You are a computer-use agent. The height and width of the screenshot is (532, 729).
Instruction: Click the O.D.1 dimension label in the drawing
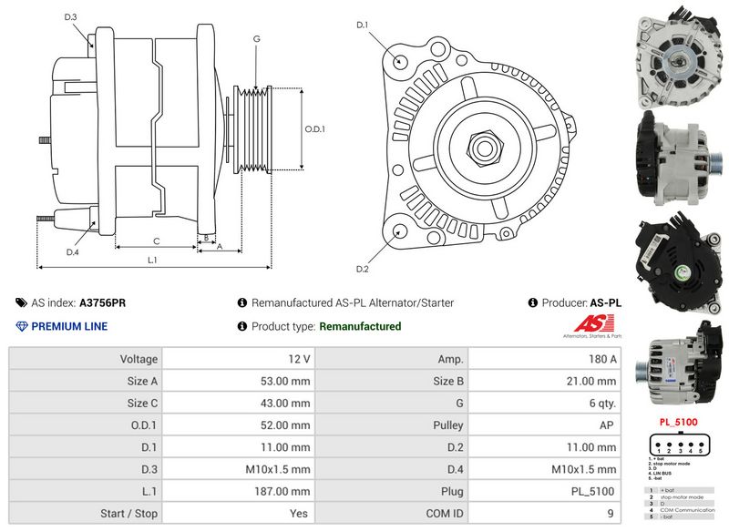point(314,129)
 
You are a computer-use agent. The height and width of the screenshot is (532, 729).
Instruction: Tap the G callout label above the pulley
point(257,38)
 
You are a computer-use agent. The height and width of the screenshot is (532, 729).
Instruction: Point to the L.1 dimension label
point(152,261)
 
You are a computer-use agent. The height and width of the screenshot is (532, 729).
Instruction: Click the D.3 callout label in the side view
point(71,17)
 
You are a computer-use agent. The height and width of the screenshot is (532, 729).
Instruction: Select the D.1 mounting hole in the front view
point(401,60)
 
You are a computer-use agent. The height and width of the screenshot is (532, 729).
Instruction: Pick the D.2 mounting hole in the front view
point(398,231)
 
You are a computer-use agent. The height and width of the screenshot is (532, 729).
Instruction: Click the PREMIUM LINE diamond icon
point(22,326)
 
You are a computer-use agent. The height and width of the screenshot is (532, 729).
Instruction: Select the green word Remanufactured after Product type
point(360,326)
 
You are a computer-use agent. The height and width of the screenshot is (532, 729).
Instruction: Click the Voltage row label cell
point(85,360)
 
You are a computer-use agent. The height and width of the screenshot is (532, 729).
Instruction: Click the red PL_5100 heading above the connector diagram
point(678,422)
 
